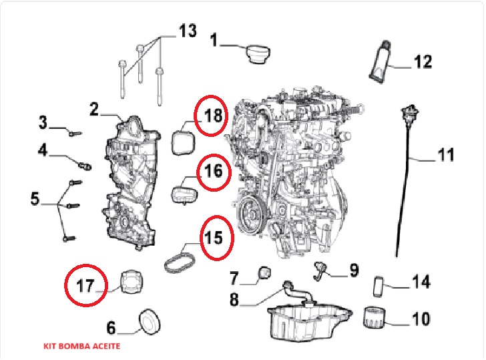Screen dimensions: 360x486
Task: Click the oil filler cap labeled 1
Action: (x=258, y=55)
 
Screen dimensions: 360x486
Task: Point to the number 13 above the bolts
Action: (x=188, y=30)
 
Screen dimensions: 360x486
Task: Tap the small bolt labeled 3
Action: (x=73, y=133)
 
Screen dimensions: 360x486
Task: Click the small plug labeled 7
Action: (x=264, y=272)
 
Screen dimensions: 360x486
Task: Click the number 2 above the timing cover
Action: (x=94, y=109)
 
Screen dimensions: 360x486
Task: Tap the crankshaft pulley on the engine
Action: (x=251, y=217)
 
